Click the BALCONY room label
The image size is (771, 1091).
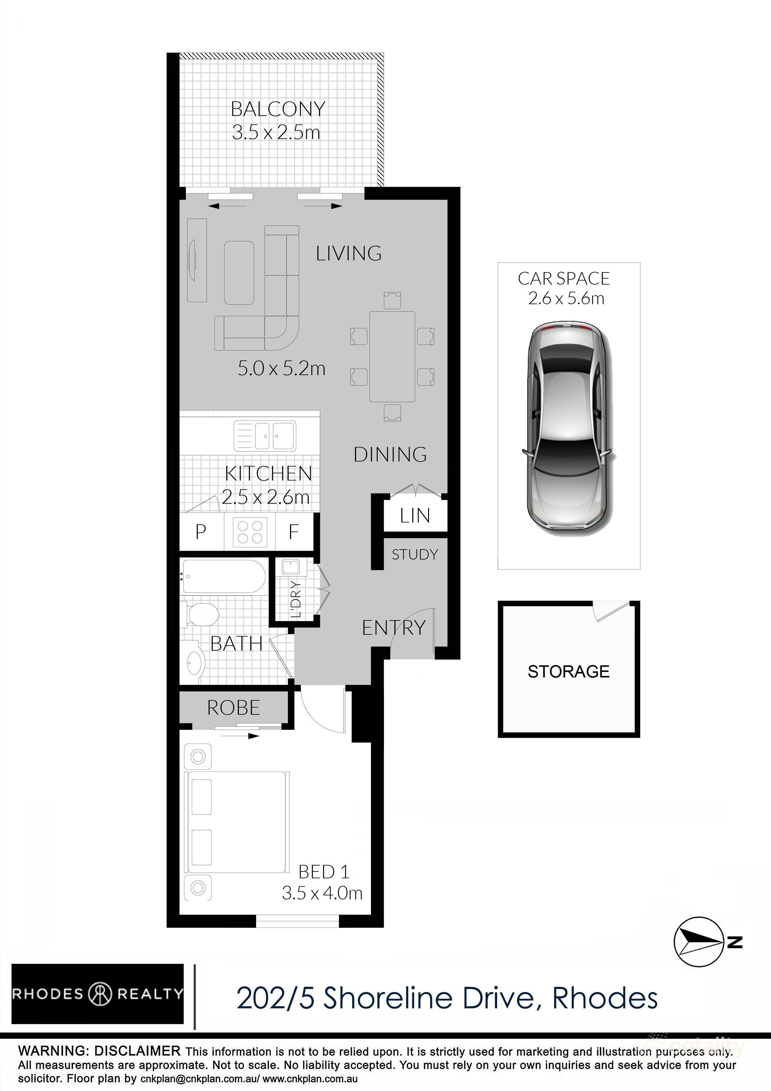click(x=278, y=109)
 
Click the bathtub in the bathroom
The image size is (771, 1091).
click(x=223, y=576)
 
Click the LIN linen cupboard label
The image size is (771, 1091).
click(x=415, y=516)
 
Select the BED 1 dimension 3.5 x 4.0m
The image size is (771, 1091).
click(x=322, y=893)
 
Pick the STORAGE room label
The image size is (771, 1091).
click(x=568, y=671)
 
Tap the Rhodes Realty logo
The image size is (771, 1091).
click(x=97, y=994)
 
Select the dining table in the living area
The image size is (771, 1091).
click(x=392, y=356)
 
